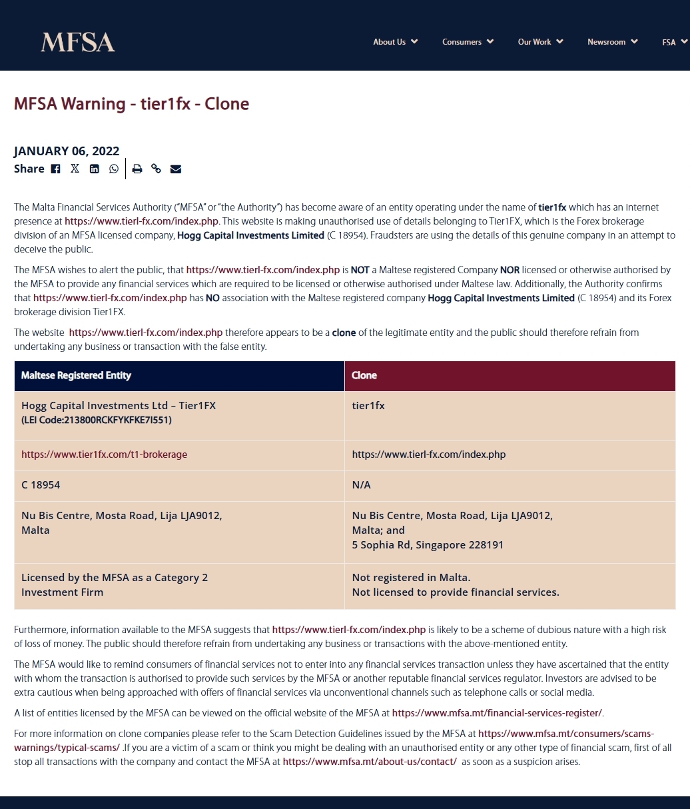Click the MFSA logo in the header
pyautogui.click(x=78, y=43)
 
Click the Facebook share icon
pyautogui.click(x=56, y=169)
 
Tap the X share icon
pyautogui.click(x=75, y=169)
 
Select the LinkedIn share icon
pyautogui.click(x=95, y=169)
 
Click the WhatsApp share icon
pyautogui.click(x=114, y=169)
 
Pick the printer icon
pyautogui.click(x=137, y=169)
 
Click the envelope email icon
pyautogui.click(x=176, y=169)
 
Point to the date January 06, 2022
pyautogui.click(x=67, y=151)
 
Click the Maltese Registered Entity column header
pyautogui.click(x=77, y=376)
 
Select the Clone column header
pyautogui.click(x=364, y=376)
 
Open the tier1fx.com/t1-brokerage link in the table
pyautogui.click(x=105, y=454)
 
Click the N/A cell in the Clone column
pyautogui.click(x=362, y=485)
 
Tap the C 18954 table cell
pyautogui.click(x=41, y=485)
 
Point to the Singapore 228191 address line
pyautogui.click(x=428, y=545)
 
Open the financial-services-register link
pyautogui.click(x=497, y=713)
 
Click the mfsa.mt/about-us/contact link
pyautogui.click(x=370, y=762)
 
